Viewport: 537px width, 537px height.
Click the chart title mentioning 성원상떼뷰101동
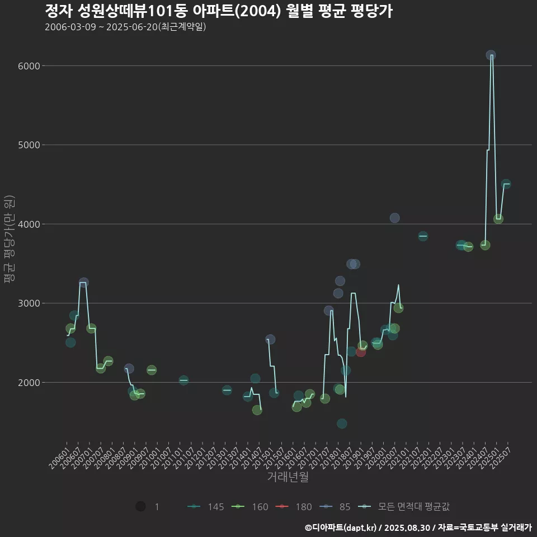(218, 11)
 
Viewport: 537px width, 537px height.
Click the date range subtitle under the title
(125, 27)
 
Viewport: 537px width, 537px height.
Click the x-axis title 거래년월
(288, 477)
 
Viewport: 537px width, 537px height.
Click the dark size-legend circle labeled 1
(140, 507)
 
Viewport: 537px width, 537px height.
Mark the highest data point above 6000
(491, 55)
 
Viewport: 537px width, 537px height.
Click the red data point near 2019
(361, 351)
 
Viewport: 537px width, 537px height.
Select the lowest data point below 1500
(342, 423)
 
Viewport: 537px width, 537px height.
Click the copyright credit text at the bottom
(418, 527)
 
